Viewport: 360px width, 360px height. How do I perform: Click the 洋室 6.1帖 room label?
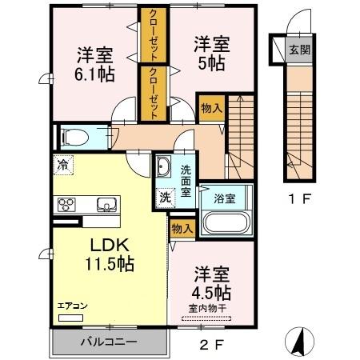coord(94,65)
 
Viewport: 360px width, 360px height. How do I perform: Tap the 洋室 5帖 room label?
coord(210,54)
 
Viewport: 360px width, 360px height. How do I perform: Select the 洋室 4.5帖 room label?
coord(210,282)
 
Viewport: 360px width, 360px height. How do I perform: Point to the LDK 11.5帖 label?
coord(106,251)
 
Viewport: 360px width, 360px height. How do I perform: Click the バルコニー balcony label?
coord(109,342)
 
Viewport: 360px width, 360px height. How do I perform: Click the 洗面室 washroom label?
coord(186,175)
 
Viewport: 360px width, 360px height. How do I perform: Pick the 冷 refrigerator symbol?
coord(62,166)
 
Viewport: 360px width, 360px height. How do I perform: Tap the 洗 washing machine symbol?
coord(163,197)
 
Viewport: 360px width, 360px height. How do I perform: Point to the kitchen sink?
coord(107,203)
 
